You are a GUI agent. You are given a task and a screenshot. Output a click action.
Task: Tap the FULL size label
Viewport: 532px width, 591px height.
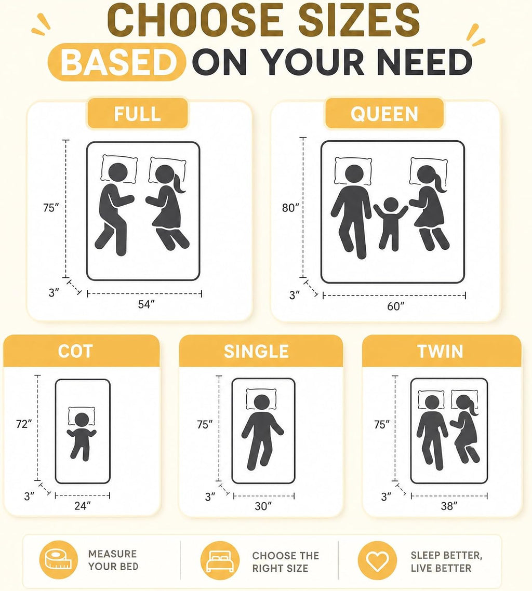[x=138, y=113]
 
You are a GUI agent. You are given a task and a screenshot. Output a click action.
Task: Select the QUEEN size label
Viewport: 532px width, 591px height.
[x=384, y=113]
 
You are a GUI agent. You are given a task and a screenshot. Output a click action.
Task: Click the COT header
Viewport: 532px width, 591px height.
[x=75, y=351]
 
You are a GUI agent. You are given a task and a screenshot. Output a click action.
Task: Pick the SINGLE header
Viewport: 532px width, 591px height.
[x=256, y=351]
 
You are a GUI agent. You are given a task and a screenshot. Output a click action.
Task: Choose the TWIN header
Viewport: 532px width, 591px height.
[x=441, y=351]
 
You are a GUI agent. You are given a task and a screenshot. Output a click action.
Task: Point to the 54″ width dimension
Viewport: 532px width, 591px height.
[x=147, y=304]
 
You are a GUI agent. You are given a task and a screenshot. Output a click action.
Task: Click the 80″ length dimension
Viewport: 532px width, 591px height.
[x=290, y=208]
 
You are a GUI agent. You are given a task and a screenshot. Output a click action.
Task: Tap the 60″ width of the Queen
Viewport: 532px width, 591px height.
[x=395, y=306]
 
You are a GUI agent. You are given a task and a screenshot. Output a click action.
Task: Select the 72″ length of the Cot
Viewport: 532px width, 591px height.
[x=24, y=424]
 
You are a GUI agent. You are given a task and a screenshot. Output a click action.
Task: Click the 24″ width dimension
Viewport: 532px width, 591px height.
[x=83, y=505]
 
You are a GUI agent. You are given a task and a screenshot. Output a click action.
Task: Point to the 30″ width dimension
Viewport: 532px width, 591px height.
[x=263, y=506]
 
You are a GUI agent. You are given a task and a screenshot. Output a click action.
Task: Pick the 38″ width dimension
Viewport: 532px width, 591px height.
[x=449, y=506]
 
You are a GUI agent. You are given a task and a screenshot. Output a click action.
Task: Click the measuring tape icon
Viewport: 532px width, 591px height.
[x=58, y=560]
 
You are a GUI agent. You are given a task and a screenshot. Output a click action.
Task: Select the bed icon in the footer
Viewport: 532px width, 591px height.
[x=220, y=560]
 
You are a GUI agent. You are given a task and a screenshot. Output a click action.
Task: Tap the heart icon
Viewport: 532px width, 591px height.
[x=377, y=560]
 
